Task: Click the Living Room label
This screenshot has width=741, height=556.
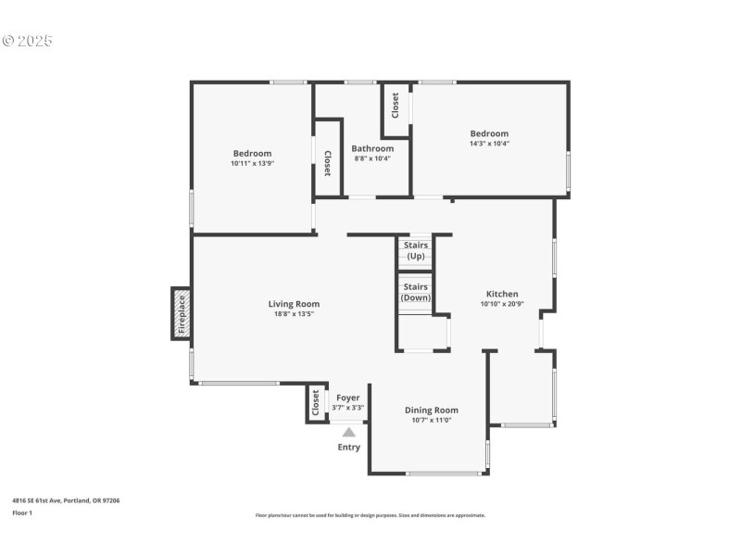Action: [x=294, y=304]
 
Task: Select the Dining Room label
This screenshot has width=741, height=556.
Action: [x=431, y=410]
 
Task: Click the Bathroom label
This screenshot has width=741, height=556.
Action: [x=372, y=148]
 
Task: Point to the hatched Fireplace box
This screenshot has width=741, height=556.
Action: [x=182, y=313]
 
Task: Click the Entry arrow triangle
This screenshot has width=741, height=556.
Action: [x=348, y=431]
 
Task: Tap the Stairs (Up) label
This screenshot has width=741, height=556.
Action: [x=416, y=250]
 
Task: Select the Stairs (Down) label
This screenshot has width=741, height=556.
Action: [x=416, y=292]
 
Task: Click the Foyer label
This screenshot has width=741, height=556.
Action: [x=347, y=398]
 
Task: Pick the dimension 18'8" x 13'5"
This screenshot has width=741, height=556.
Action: [x=294, y=313]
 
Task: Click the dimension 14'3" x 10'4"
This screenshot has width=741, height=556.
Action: [x=489, y=144]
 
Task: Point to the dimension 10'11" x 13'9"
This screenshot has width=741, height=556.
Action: [x=252, y=163]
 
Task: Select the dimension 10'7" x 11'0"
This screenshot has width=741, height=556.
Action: [x=431, y=420]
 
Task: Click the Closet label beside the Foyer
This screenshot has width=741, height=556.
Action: [x=316, y=403]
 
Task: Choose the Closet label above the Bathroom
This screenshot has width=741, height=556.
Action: [x=395, y=106]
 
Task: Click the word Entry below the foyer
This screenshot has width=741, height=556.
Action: [x=348, y=447]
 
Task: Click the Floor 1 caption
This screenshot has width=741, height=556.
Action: [x=22, y=512]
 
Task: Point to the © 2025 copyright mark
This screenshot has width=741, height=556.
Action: [x=27, y=41]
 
